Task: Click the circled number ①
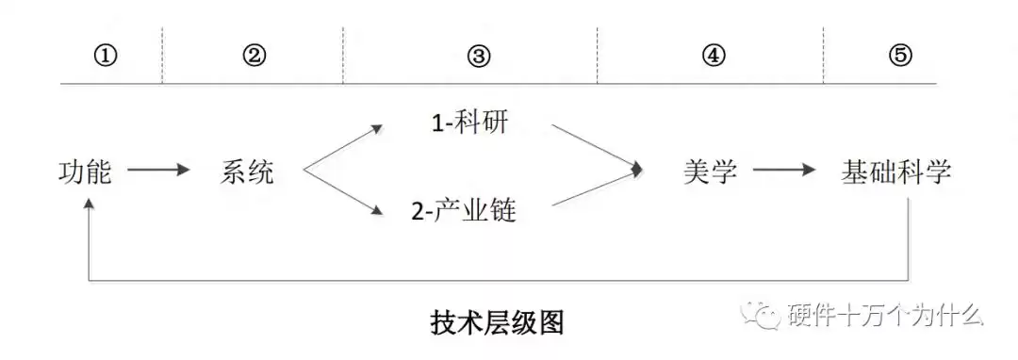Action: (x=106, y=55)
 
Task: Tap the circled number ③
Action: (x=479, y=55)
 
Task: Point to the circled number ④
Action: (x=714, y=55)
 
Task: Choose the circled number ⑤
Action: (x=900, y=55)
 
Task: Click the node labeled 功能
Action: (x=85, y=172)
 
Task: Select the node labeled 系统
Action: (x=248, y=172)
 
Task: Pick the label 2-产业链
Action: (x=464, y=211)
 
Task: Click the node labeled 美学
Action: (x=710, y=172)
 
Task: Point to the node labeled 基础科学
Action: (x=895, y=172)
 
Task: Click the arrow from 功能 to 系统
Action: (x=158, y=172)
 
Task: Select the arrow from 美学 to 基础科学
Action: (x=784, y=172)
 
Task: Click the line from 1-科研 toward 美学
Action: (x=595, y=146)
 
